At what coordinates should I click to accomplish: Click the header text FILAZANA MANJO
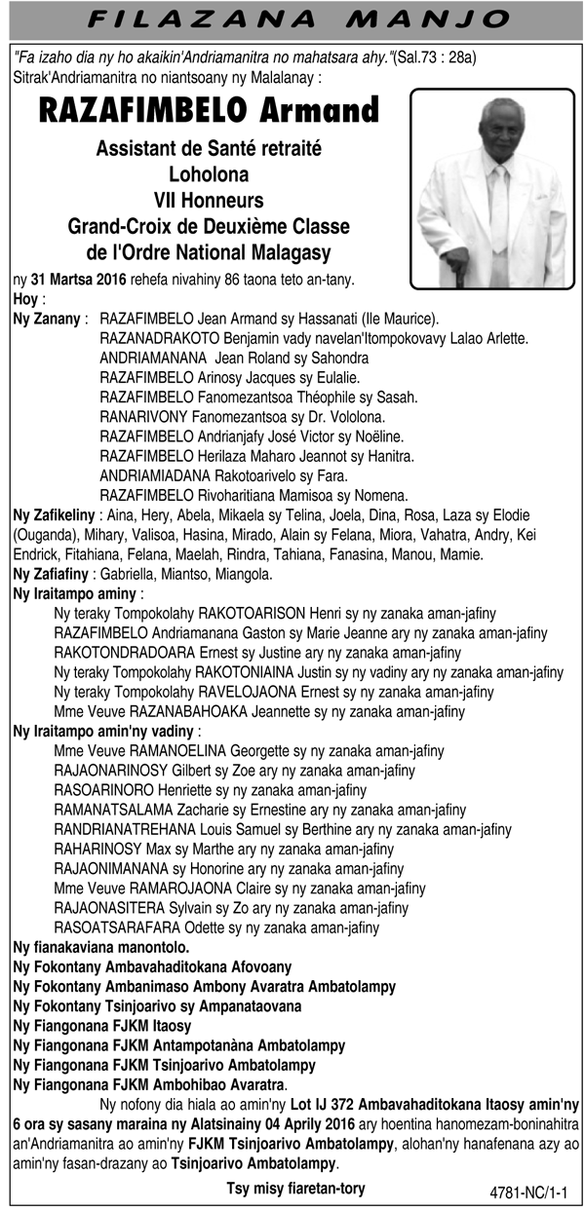[x=292, y=19]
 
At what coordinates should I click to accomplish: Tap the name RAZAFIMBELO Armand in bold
[x=208, y=110]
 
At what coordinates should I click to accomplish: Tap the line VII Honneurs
[x=208, y=201]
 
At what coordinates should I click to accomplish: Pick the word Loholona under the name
[x=208, y=175]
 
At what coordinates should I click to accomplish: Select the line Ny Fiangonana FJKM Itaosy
[x=102, y=1025]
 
